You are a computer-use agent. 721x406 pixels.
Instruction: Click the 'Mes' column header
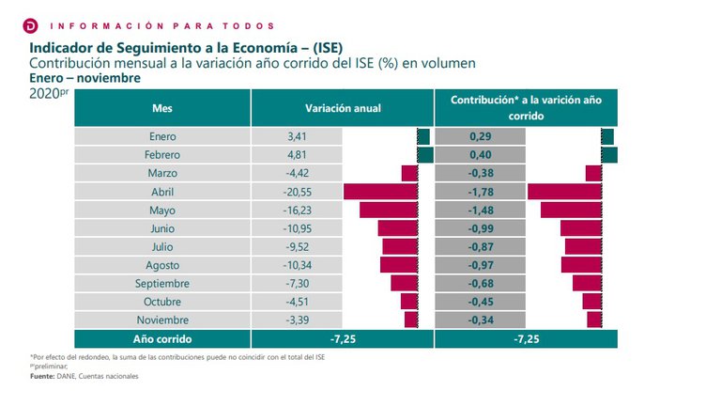[x=162, y=109]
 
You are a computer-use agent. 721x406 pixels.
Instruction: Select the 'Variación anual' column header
[x=343, y=109]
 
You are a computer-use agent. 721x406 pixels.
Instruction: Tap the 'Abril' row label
[x=162, y=192]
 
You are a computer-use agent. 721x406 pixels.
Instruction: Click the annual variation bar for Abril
[x=380, y=192]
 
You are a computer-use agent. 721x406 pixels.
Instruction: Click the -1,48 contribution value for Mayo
[x=481, y=210]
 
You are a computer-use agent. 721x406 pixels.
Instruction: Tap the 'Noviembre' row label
[x=162, y=320]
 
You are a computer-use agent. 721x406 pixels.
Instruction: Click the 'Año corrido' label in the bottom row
[x=162, y=338]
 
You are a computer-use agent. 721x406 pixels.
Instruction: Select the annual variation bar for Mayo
[x=388, y=210]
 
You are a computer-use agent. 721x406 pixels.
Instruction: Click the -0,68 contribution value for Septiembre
[x=481, y=283]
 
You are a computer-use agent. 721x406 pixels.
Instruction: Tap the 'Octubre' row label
[x=162, y=302]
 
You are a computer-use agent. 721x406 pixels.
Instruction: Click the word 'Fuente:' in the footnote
[x=42, y=376]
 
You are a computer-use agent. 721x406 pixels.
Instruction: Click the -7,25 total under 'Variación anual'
[x=343, y=338]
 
